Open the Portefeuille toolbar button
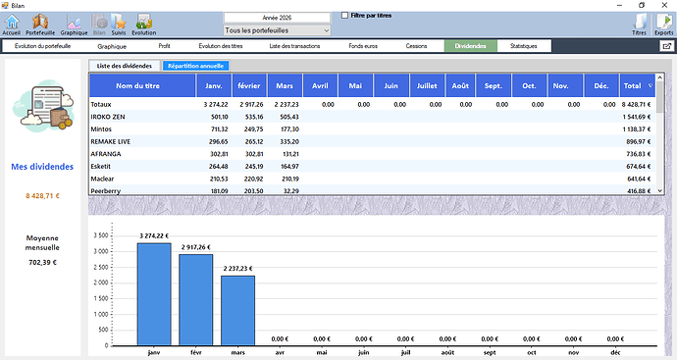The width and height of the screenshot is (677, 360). tap(40, 25)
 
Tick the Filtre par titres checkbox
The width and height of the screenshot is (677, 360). tap(344, 16)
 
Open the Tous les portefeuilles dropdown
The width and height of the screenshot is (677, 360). tap(277, 30)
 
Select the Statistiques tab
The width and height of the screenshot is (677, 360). tap(523, 46)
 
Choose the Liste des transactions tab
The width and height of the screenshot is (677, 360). tap(294, 46)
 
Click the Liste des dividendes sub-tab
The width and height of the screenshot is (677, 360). tap(125, 66)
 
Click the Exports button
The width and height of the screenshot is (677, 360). tap(663, 25)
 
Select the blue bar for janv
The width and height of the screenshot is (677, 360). tap(154, 294)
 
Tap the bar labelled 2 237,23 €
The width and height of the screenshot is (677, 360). tap(237, 311)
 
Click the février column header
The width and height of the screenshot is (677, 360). tap(249, 85)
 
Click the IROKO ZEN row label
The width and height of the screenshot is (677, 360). tap(108, 117)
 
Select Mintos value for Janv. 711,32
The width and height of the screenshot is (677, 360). tap(219, 129)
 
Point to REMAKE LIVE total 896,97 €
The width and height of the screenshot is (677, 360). tap(638, 141)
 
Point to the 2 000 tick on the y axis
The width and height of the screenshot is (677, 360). tap(101, 283)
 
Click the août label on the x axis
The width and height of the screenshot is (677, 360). tap(447, 352)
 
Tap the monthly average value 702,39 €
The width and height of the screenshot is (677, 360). tap(42, 262)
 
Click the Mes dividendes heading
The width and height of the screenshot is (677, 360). tap(42, 167)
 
